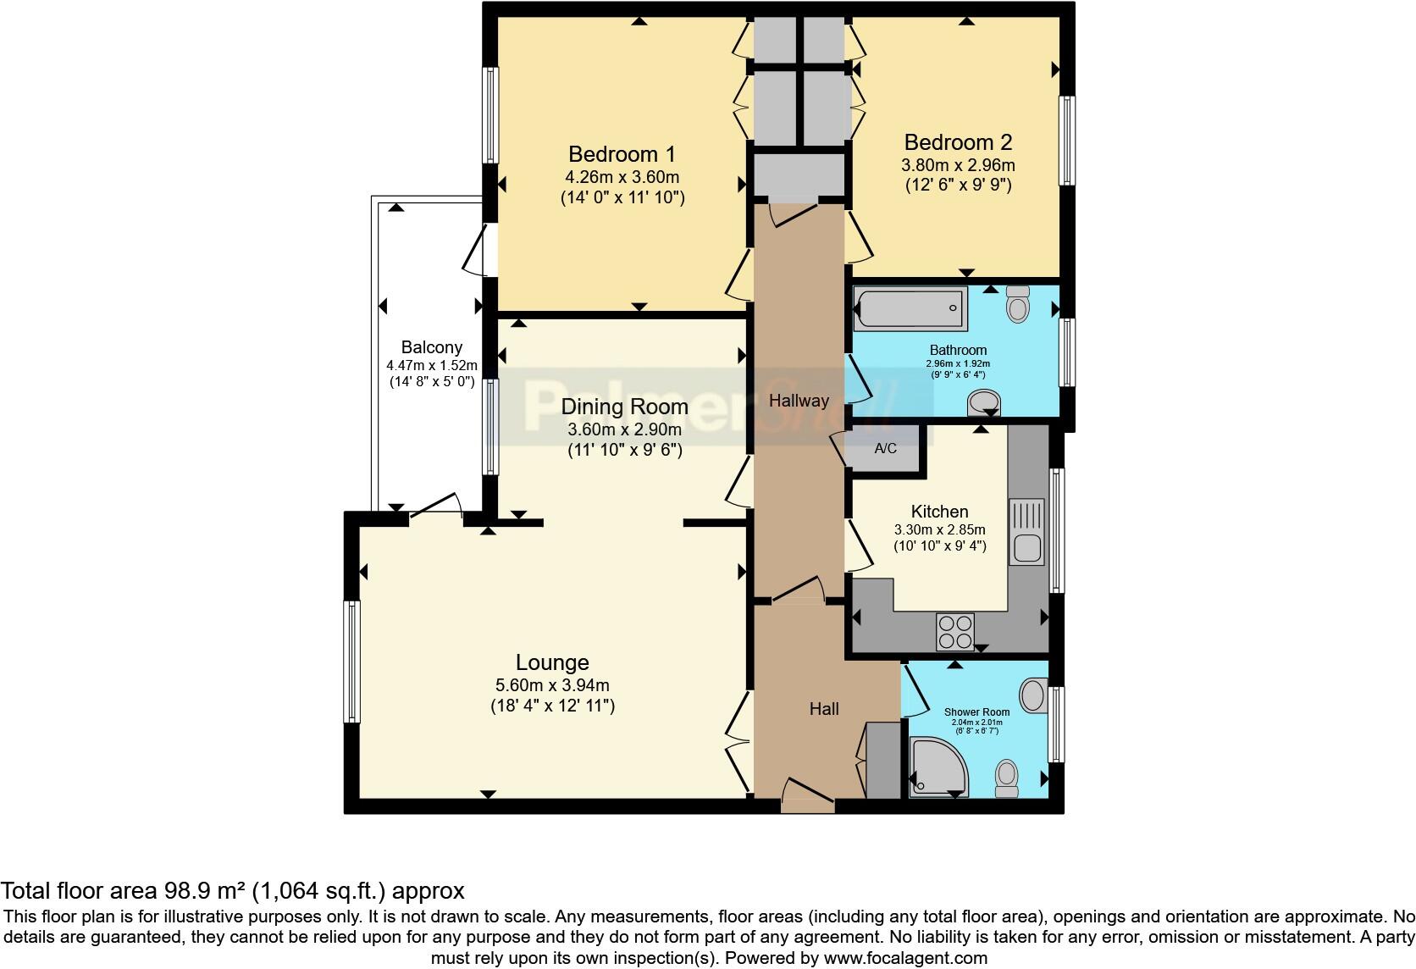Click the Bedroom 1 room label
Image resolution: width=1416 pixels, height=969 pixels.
pos(622,154)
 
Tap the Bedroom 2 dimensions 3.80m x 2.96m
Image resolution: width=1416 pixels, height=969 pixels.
pos(958,165)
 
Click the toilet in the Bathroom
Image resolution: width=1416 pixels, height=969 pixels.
pos(1018,303)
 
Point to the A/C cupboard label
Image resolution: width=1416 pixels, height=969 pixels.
pos(885,448)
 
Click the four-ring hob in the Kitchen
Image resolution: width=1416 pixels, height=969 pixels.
pos(955,631)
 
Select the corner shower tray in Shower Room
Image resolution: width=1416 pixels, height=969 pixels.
pos(937,767)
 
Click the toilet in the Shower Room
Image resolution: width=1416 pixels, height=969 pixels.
pos(1007,778)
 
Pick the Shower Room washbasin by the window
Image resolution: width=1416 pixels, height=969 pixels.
pos(1032,695)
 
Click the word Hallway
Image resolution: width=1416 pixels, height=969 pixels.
pos(799,401)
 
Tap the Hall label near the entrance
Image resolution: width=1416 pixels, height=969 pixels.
pos(823,709)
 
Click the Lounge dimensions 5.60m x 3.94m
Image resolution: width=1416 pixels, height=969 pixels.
pos(552,685)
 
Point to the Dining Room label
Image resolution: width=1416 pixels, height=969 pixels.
pos(624,407)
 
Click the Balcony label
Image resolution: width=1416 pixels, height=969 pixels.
pos(432,347)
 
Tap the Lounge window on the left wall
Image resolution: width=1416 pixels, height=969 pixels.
pos(351,661)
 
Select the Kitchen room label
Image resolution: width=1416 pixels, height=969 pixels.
pos(939,512)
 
